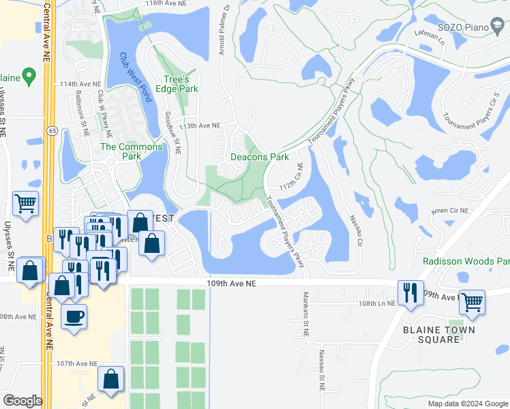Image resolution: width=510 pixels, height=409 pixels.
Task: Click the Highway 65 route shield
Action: click(52, 130)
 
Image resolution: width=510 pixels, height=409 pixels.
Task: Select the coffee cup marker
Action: click(74, 316)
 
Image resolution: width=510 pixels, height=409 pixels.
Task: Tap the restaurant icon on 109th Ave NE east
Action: click(410, 292)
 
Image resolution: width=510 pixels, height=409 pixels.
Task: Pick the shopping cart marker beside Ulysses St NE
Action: click(25, 203)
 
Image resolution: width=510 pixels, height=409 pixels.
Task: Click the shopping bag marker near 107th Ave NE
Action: click(110, 379)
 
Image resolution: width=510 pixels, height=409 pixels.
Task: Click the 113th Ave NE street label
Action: click(200, 125)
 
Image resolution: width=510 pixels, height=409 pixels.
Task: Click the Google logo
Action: click(23, 401)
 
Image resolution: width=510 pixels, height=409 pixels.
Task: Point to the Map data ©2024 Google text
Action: click(467, 404)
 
